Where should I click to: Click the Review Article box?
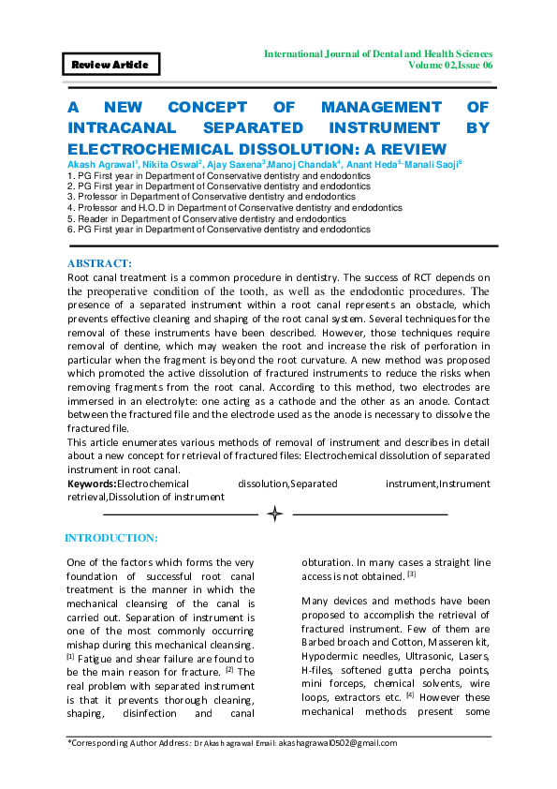[110, 65]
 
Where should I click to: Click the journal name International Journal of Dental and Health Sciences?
[378, 53]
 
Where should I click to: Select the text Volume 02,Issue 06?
[450, 67]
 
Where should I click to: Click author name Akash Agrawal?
[100, 164]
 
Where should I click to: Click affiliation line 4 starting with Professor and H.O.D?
[234, 207]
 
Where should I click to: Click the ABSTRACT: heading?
[100, 264]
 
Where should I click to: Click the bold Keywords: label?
[92, 484]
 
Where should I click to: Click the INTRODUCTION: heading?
[110, 539]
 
